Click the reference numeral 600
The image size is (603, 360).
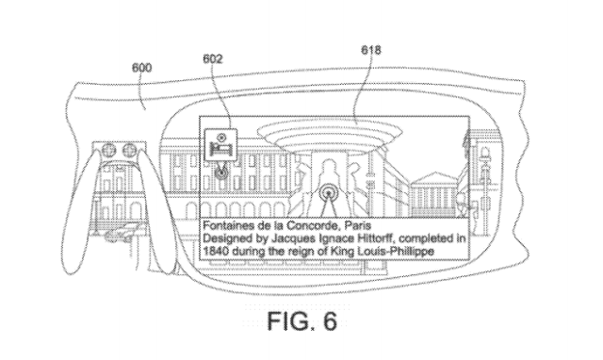(x=142, y=68)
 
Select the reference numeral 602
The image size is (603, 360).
(x=213, y=58)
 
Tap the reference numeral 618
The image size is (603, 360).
(x=371, y=50)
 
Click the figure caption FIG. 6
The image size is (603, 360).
(x=302, y=320)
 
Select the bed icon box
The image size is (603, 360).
(x=220, y=144)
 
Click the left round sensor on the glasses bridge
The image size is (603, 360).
(x=109, y=149)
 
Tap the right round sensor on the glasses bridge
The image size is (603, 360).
(x=129, y=149)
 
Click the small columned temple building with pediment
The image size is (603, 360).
(x=433, y=193)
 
